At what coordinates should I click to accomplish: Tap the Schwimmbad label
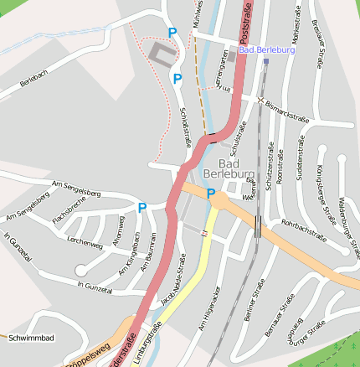pos(30,338)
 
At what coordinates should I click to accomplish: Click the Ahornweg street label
pos(118,238)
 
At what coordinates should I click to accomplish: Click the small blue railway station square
pos(266,60)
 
